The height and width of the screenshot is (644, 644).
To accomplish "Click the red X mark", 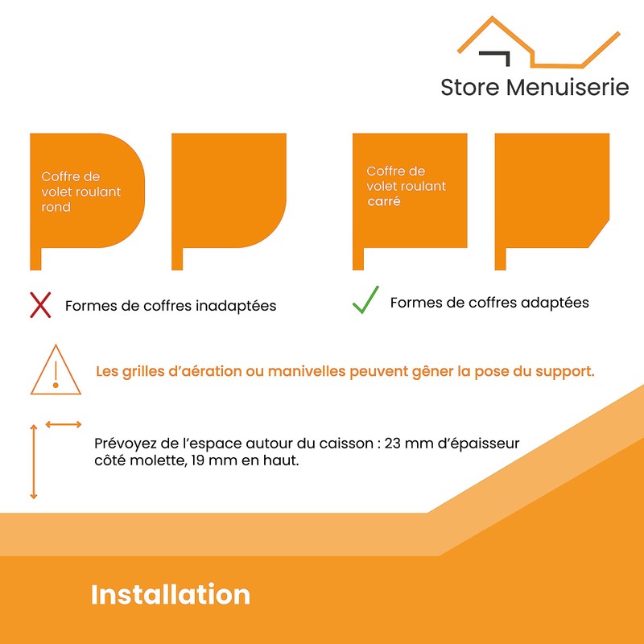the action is [x=40, y=305].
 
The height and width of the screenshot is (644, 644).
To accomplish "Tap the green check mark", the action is [x=365, y=299].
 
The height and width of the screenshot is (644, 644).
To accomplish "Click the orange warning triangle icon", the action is [x=56, y=369].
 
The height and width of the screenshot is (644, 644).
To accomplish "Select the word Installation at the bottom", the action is [x=171, y=594].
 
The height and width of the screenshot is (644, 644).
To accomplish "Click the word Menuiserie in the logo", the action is [x=568, y=88].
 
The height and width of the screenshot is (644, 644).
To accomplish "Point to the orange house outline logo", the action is [x=539, y=42].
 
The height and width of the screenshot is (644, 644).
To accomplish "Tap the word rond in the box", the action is [x=56, y=207].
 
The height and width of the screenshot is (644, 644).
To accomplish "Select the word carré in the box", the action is [x=384, y=201].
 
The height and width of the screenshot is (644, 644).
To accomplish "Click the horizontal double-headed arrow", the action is [x=64, y=424].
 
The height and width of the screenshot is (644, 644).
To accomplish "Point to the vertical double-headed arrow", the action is [x=34, y=462].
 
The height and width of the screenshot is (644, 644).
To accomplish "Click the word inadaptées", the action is [x=236, y=306].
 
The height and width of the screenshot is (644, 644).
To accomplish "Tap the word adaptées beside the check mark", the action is [x=555, y=303].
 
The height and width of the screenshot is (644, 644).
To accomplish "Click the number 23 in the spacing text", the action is [x=392, y=444].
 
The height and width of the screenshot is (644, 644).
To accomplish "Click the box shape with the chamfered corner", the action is [x=552, y=201].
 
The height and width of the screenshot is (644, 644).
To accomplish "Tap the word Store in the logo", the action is [x=470, y=88].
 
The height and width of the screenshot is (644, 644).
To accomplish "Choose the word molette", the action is [x=155, y=460].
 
